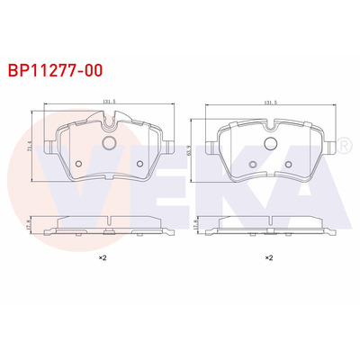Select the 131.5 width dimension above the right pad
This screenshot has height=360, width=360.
click(x=267, y=102)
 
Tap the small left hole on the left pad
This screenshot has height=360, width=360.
click(x=78, y=164)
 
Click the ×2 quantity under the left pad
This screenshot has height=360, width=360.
click(x=103, y=258)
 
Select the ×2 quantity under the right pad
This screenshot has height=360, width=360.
click(x=267, y=258)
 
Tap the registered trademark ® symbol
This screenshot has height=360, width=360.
click(x=343, y=143)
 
